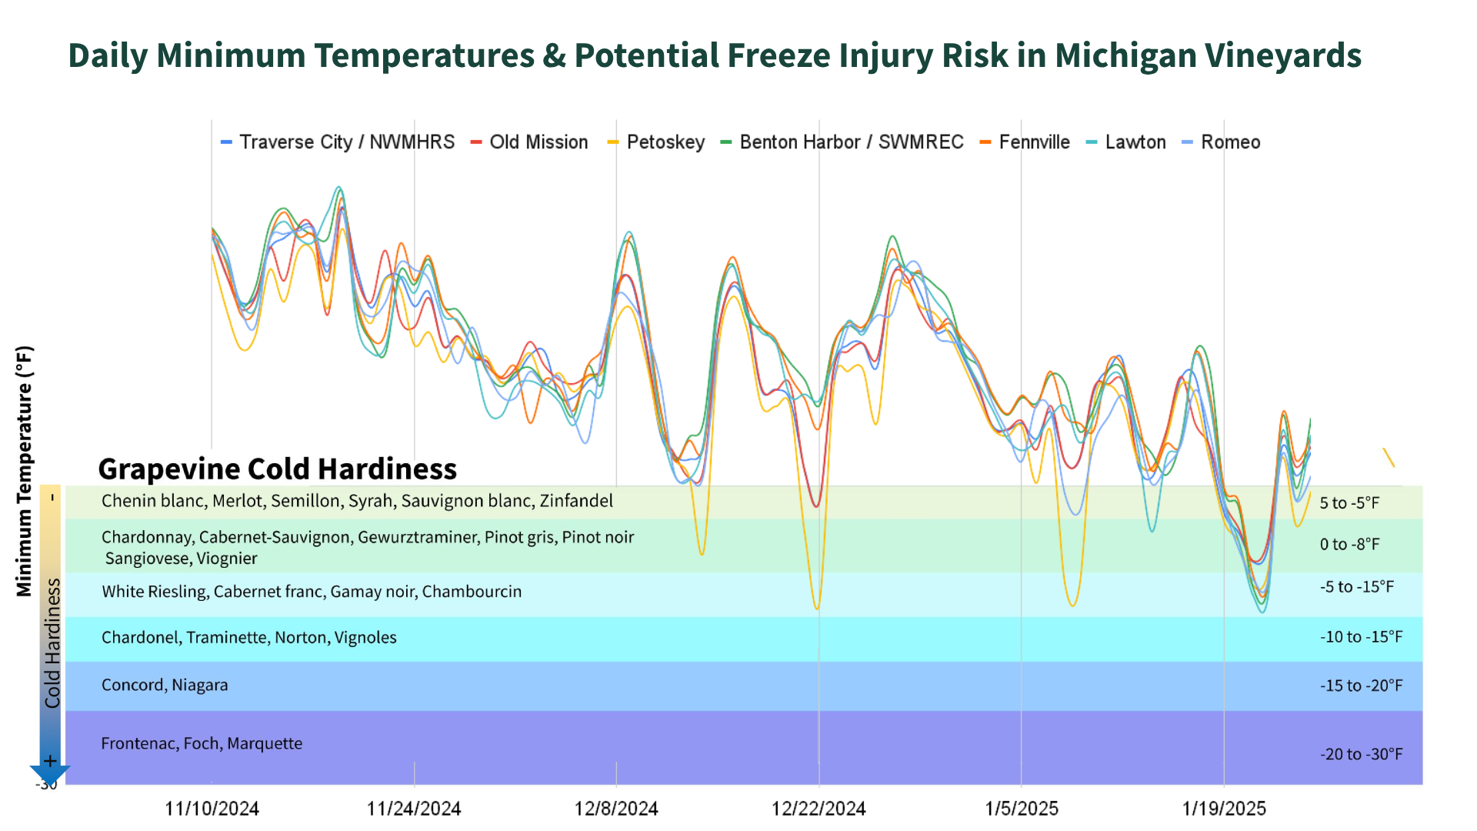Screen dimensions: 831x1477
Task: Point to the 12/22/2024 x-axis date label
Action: click(819, 809)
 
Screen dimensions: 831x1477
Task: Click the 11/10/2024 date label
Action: click(212, 809)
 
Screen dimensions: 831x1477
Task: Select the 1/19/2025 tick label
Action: click(1224, 809)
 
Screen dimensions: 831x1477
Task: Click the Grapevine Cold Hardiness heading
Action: click(277, 469)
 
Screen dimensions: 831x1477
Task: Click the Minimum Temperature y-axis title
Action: click(25, 471)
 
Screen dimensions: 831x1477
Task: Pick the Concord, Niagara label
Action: click(165, 685)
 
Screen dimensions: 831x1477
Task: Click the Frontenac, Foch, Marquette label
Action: click(202, 743)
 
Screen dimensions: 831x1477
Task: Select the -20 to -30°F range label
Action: click(1361, 754)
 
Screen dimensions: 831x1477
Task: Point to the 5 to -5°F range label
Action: click(1360, 503)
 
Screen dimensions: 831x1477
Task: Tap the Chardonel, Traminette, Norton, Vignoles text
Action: click(249, 638)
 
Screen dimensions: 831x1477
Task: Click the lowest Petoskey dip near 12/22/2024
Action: click(817, 609)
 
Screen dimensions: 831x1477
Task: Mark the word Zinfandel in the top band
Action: click(576, 501)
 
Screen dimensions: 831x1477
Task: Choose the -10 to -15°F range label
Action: click(1361, 637)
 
